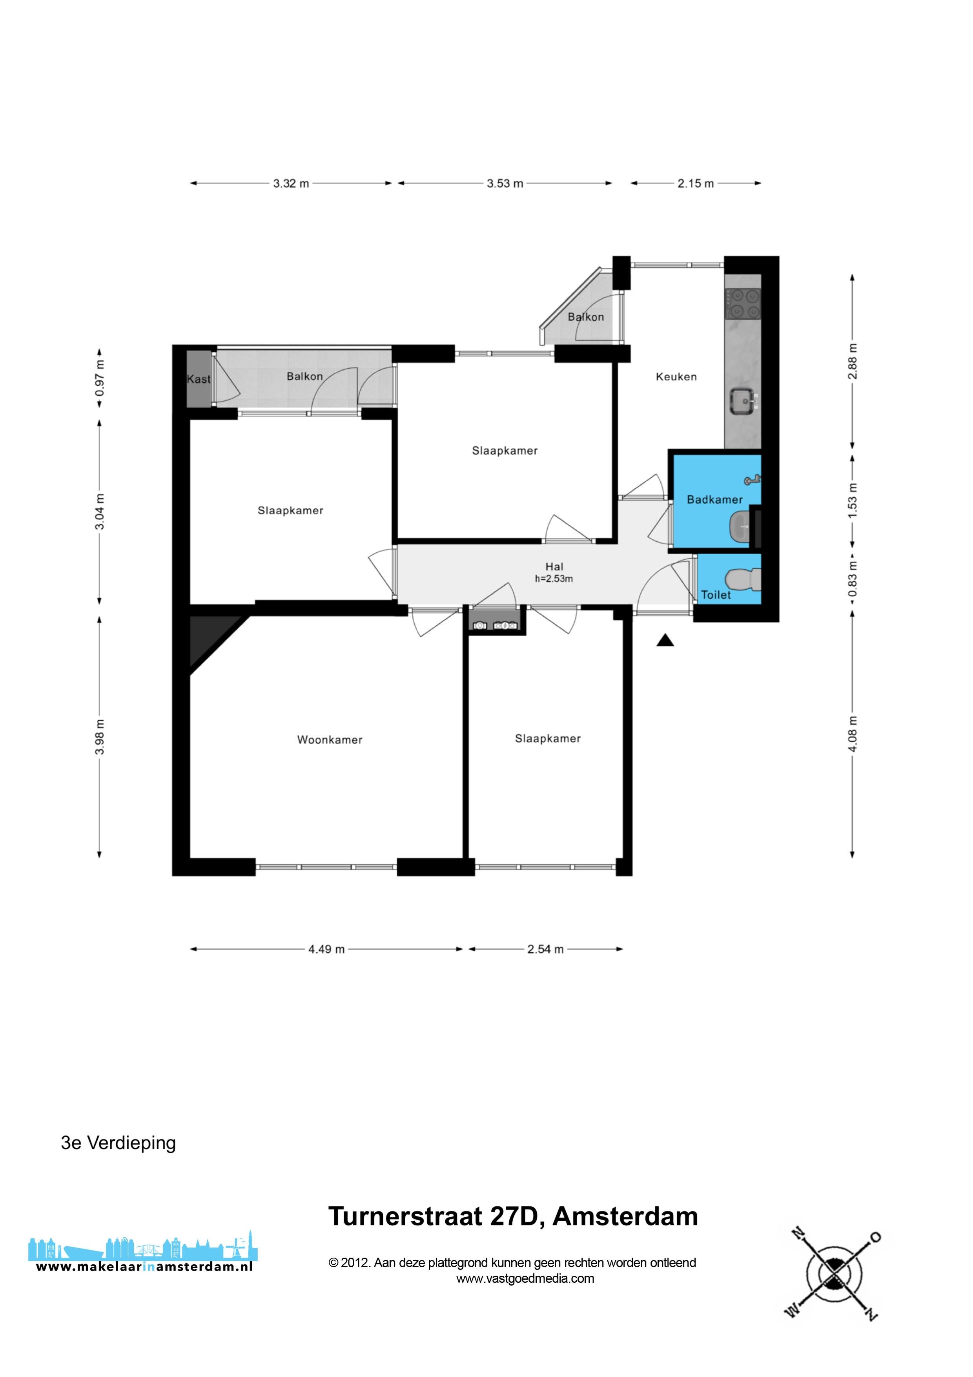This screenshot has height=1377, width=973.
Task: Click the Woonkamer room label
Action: click(330, 740)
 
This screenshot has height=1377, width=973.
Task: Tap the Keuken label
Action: click(676, 377)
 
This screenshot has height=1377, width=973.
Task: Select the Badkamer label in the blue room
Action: click(714, 500)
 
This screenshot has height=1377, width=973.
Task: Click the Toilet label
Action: click(716, 595)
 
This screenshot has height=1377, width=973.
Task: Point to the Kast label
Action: click(199, 379)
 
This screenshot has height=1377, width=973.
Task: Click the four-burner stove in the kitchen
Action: click(743, 304)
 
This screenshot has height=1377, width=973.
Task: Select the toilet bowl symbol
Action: click(743, 580)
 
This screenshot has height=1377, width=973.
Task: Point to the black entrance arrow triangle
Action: click(665, 641)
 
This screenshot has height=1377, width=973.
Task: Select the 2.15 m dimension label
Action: click(696, 184)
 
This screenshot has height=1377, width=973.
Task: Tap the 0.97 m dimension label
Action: click(100, 378)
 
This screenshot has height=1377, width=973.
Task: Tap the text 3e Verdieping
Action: click(118, 1143)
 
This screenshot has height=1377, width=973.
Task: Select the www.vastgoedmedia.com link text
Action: click(525, 1278)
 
